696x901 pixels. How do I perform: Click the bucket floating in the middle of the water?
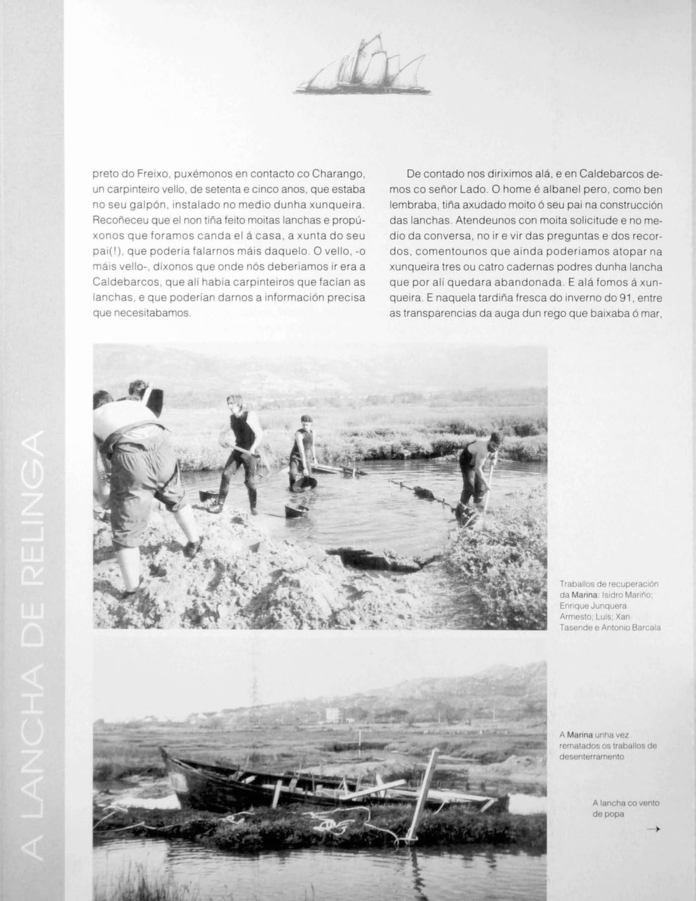pyautogui.click(x=296, y=510)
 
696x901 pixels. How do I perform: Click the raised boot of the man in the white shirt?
pyautogui.click(x=192, y=548)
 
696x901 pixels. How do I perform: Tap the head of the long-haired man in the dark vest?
pyautogui.click(x=235, y=402)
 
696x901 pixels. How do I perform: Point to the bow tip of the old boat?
pyautogui.click(x=163, y=751)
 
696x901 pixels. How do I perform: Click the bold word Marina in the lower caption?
pyautogui.click(x=580, y=735)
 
